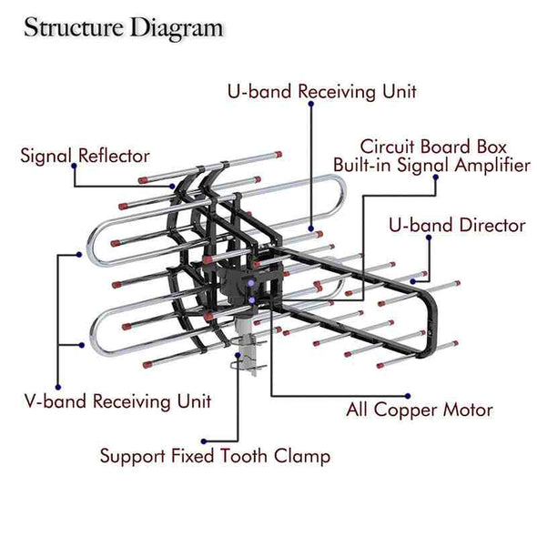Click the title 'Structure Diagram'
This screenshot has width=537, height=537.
(124, 28)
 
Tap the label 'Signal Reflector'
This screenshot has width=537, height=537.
(85, 156)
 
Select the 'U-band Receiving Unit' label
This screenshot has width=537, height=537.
(322, 91)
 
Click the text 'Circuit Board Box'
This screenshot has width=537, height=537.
(433, 147)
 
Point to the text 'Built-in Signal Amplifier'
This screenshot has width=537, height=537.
(431, 165)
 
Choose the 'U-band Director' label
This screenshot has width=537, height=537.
(457, 226)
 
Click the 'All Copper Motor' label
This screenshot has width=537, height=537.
(420, 410)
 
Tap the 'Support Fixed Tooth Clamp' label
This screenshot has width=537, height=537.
(215, 456)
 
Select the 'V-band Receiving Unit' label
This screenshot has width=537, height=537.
(117, 401)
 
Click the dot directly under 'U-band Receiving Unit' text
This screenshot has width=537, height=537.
(311, 104)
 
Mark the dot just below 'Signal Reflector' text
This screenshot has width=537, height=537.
(74, 166)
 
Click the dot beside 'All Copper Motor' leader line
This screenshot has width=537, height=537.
(408, 396)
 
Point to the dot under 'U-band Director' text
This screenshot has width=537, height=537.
(429, 238)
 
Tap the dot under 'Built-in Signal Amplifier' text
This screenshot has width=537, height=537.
(436, 177)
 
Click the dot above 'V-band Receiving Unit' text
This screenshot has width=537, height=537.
(58, 388)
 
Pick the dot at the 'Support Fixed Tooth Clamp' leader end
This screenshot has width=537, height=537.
(204, 441)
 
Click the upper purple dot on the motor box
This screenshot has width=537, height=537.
(251, 283)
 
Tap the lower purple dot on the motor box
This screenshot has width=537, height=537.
(252, 300)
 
